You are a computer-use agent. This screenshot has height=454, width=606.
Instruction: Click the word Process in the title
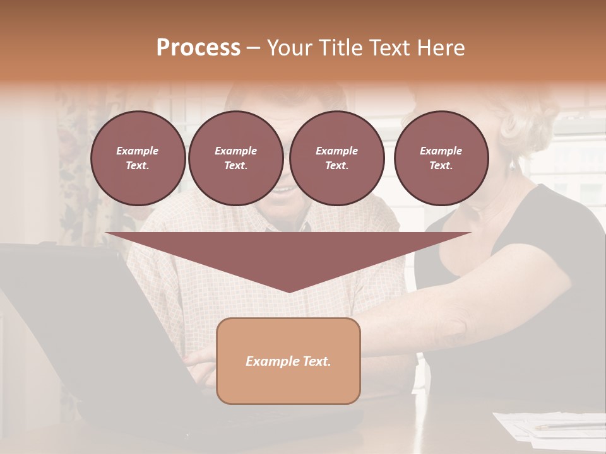[198, 48]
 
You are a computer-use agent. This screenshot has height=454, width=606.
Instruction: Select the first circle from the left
[138, 158]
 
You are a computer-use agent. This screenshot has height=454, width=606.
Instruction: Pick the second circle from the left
[235, 158]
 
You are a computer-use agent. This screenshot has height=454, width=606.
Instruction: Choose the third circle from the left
[336, 158]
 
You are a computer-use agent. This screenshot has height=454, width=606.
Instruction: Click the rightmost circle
[441, 158]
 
